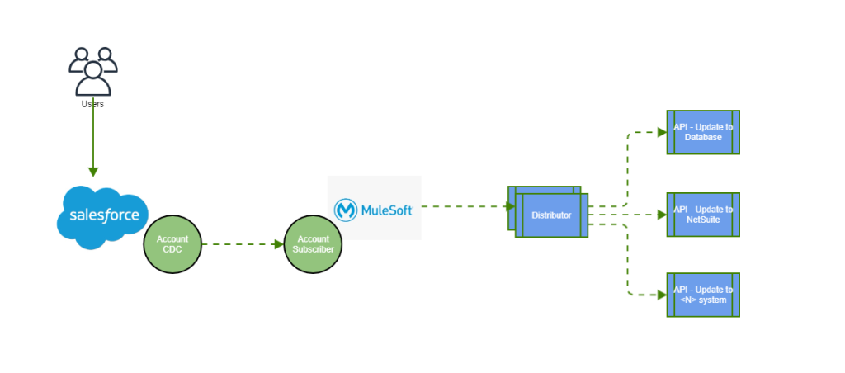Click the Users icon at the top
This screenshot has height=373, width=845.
[x=92, y=71]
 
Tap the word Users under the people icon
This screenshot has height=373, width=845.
[x=92, y=105]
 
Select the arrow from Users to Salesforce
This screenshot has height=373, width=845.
[x=92, y=140]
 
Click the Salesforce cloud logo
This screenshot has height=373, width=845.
[x=102, y=217]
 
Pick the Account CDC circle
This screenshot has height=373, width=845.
[x=172, y=244]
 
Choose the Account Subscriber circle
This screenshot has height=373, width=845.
[x=313, y=244]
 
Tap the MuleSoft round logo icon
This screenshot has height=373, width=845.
[x=346, y=210]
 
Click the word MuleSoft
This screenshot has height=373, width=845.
[x=387, y=211]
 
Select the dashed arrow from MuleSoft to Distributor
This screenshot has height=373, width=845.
[x=462, y=206]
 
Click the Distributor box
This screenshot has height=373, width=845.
[x=551, y=215]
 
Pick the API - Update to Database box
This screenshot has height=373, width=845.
[x=703, y=132]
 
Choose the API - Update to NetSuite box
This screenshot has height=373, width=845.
[x=703, y=215]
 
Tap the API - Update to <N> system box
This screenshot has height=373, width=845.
[x=703, y=295]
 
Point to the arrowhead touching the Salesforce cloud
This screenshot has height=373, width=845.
[x=92, y=172]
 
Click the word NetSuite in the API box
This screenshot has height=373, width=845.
[x=703, y=220]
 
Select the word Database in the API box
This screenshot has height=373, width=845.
[x=703, y=138]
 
